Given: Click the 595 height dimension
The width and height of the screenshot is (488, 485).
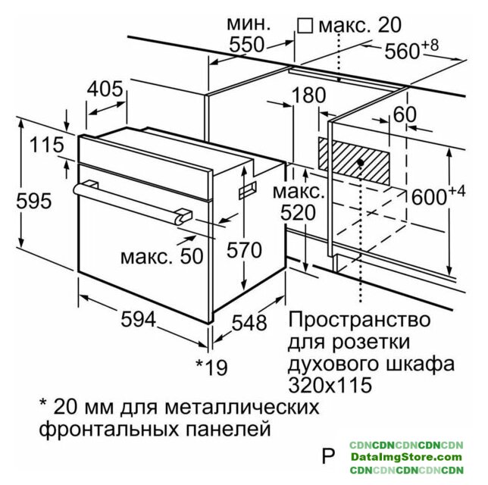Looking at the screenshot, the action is tap(33, 201).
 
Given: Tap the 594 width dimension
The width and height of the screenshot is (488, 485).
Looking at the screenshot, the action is tap(138, 319).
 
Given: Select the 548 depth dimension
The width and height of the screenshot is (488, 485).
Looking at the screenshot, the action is tap(249, 322).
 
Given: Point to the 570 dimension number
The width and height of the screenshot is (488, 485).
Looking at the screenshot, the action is tap(244, 250).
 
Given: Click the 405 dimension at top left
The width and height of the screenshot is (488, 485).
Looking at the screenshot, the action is tap(105, 89).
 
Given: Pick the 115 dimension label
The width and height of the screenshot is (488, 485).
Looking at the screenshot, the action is tap(47, 145).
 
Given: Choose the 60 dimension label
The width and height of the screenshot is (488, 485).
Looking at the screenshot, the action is tap(405, 114).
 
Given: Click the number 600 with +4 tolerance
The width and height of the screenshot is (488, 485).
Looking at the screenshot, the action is tap(439, 195).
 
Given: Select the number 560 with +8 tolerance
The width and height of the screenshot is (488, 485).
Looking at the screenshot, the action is tap(411, 49).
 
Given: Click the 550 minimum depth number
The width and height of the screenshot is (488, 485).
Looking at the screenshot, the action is tap(246, 45).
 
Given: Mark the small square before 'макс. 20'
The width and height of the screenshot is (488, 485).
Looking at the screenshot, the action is tap(305, 26).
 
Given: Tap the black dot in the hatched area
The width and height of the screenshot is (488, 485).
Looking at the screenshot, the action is tap(361, 162).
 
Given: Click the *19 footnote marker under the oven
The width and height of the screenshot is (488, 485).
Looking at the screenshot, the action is tap(211, 367).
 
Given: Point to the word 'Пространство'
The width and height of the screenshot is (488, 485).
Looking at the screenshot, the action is tap(360, 320).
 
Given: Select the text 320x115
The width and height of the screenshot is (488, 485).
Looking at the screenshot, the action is tap(330, 385).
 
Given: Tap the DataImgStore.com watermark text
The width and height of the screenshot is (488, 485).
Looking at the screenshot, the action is tap(406, 457).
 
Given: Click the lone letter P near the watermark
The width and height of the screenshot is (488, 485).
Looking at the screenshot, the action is tap(328, 455).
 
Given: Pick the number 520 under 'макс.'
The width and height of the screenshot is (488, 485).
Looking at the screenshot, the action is tap(298, 213).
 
